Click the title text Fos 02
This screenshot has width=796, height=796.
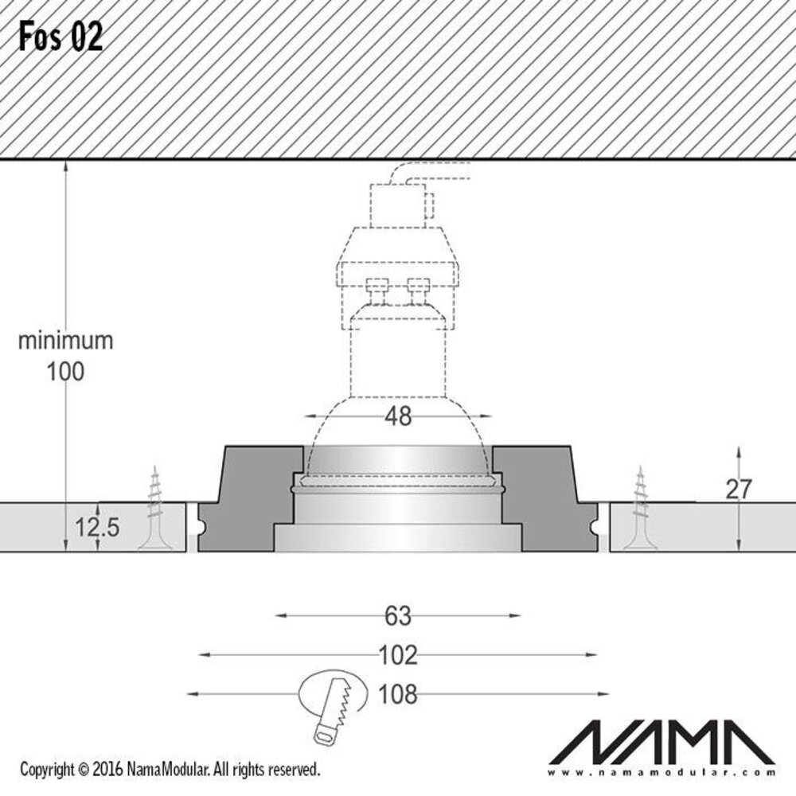click(61, 37)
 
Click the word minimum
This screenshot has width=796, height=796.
click(65, 341)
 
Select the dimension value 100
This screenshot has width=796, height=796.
click(65, 371)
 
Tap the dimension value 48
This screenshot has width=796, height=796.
click(398, 416)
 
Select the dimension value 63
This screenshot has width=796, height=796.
click(398, 615)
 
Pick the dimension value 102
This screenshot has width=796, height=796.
click(398, 655)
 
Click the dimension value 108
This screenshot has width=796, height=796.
click(398, 694)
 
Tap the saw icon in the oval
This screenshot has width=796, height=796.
click(332, 700)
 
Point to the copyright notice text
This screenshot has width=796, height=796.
click(170, 770)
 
